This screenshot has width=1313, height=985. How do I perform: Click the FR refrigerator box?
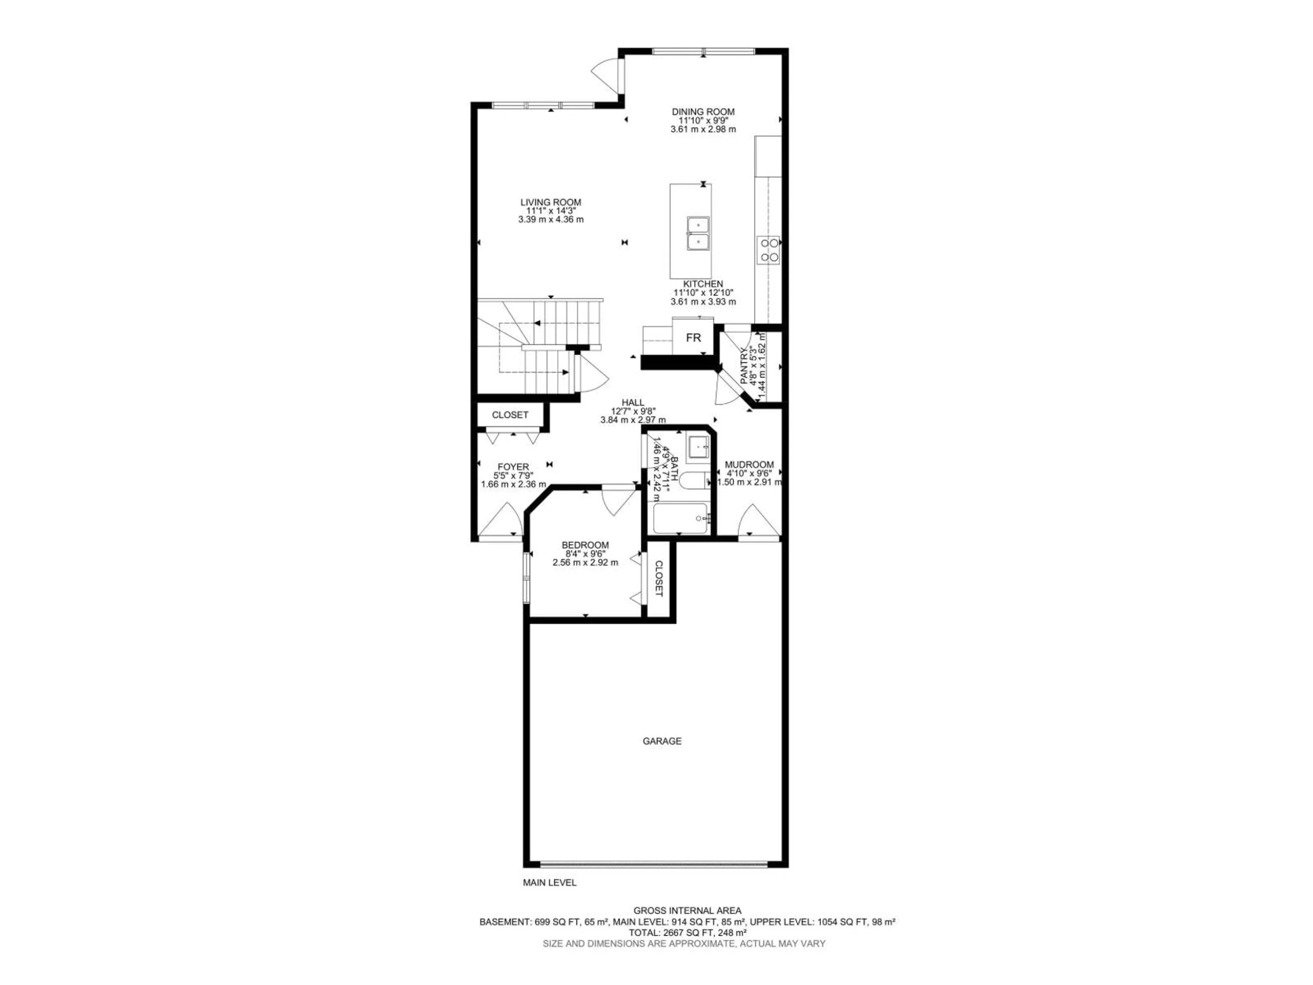click(693, 338)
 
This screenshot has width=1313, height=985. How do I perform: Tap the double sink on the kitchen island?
click(698, 234)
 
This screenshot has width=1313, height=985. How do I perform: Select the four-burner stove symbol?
click(768, 250)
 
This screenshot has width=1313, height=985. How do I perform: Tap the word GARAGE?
click(662, 741)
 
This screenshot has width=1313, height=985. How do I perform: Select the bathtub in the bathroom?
click(680, 518)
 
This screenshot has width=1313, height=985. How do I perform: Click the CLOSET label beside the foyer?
click(510, 415)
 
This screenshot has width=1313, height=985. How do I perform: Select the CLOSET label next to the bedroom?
click(658, 578)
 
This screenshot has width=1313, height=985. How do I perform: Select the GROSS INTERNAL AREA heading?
click(687, 927)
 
